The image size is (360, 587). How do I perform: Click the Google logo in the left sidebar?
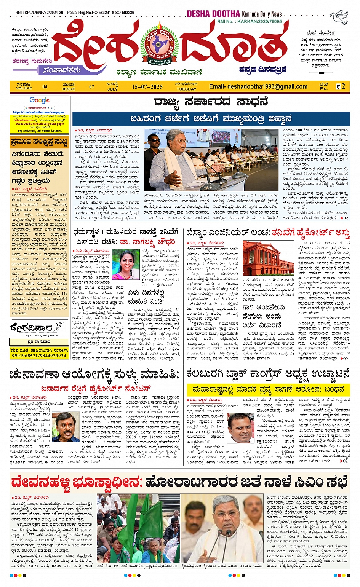[39, 100]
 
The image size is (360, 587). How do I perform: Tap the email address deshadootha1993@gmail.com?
[258, 86]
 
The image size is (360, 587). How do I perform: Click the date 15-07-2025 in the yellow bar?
[147, 87]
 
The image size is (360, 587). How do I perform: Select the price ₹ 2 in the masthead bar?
[341, 86]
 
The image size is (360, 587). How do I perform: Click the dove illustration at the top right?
[339, 18]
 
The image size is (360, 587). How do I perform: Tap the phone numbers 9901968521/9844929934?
[39, 356]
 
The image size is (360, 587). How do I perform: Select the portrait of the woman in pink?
[126, 265]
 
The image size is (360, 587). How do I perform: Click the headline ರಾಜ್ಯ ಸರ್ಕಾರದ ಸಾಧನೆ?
[211, 102]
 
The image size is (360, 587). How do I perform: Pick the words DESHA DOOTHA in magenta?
[213, 14]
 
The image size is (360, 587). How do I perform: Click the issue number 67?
[91, 87]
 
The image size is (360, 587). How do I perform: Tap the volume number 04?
[45, 87]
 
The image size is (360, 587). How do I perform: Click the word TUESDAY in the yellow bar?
[186, 89]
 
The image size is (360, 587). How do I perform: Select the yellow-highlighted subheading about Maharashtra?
[268, 389]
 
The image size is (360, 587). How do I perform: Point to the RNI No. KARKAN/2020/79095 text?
[250, 22]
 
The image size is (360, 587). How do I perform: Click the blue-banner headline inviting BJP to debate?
[211, 118]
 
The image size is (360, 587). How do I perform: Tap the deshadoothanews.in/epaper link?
[38, 112]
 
